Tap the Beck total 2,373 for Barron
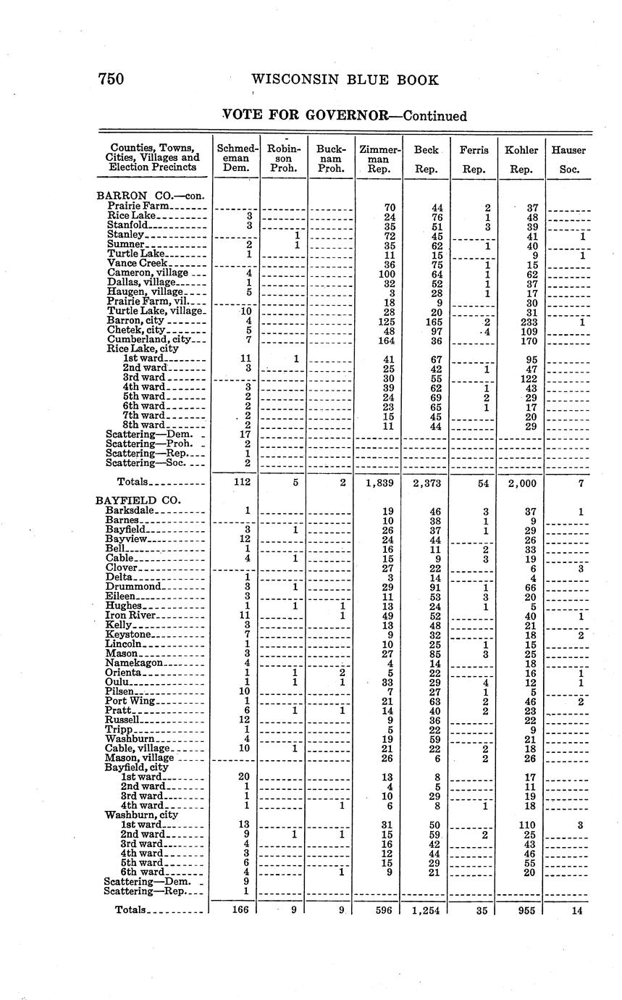tap(426, 483)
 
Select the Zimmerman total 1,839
tap(379, 483)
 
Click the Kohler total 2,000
tap(521, 483)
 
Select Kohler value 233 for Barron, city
tap(530, 321)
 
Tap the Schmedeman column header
tap(236, 159)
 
